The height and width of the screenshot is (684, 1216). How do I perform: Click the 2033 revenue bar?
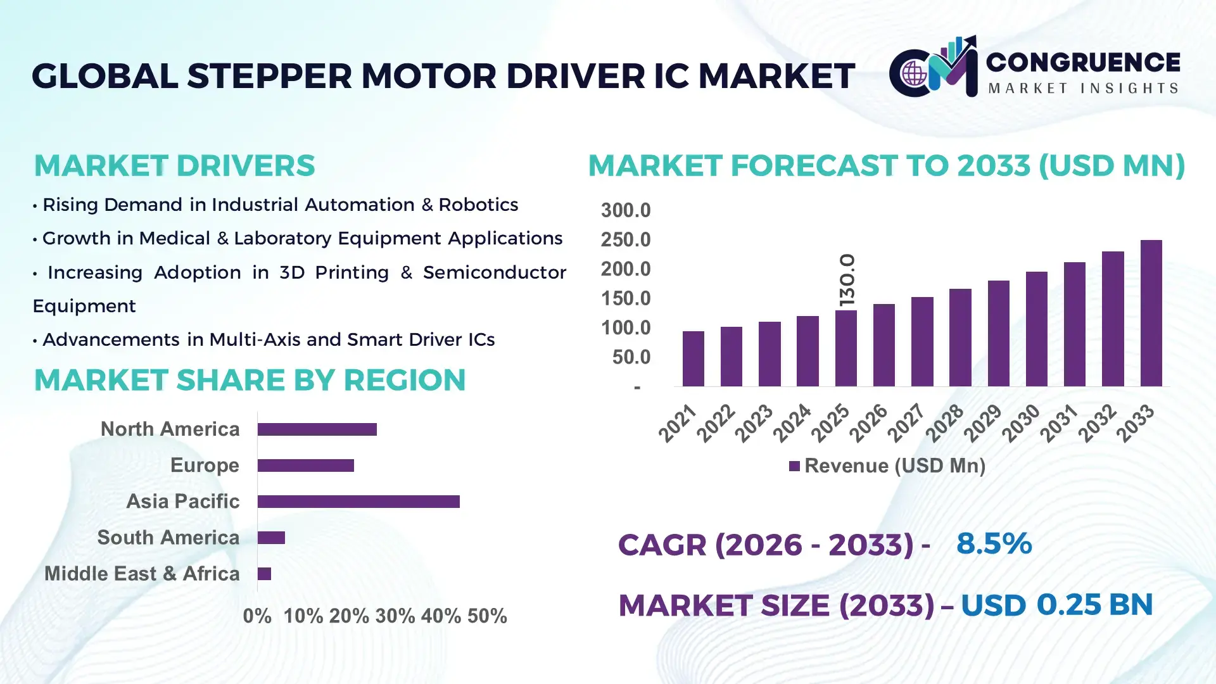(x=1151, y=313)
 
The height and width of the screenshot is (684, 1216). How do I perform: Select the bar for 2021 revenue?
(x=693, y=358)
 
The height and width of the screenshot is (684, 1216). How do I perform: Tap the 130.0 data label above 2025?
(x=847, y=280)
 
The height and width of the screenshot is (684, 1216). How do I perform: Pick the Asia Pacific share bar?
(x=358, y=502)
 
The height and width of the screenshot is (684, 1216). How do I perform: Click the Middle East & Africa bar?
(x=264, y=574)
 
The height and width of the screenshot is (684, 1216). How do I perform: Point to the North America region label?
(x=170, y=429)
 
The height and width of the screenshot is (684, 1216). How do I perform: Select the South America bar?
(x=271, y=538)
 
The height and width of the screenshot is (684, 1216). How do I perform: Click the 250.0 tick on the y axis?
(x=625, y=240)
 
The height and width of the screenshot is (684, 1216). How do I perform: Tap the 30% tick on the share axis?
(x=395, y=616)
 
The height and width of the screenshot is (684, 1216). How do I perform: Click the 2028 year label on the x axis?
(x=945, y=422)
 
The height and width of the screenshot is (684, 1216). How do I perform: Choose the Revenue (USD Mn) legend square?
(x=794, y=466)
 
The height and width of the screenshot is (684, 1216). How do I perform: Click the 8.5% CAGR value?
(x=994, y=543)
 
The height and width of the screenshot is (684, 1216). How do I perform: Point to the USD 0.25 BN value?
(x=1056, y=605)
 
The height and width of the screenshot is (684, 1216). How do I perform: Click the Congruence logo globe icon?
(x=914, y=74)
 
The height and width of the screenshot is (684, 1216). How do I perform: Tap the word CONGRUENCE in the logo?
(x=1083, y=62)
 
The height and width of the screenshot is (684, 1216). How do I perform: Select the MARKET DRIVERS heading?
(x=174, y=166)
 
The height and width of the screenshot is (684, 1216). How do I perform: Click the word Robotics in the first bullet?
(x=478, y=205)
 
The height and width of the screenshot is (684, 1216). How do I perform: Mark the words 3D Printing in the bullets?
(x=334, y=272)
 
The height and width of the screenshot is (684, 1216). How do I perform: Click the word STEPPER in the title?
(x=269, y=76)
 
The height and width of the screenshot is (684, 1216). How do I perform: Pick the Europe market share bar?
(x=305, y=465)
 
